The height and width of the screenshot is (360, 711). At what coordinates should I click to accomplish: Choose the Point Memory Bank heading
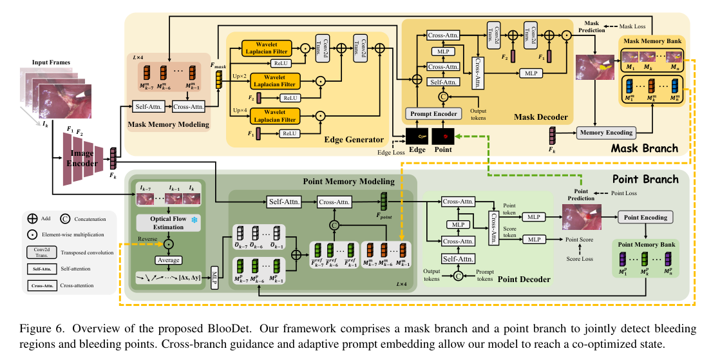click(646, 245)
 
